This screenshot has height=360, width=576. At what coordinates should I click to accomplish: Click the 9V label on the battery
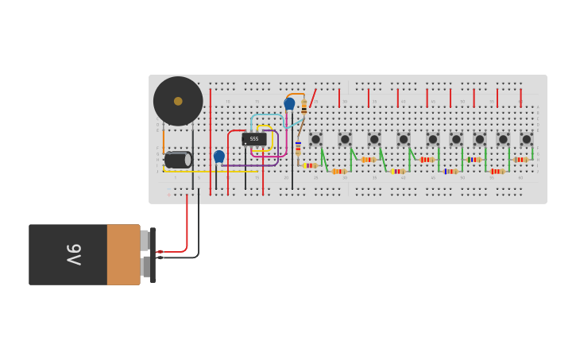[x=73, y=254]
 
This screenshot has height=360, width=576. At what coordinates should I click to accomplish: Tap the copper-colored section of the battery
[x=123, y=254]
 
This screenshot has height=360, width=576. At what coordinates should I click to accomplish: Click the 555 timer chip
[x=254, y=139]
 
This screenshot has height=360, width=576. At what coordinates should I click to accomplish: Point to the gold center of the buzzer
[x=178, y=101]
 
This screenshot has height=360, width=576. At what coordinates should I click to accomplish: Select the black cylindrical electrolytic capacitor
[x=177, y=160]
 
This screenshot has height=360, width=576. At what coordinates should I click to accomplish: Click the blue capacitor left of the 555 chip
[x=219, y=157]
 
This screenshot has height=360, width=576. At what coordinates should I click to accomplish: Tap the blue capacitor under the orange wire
[x=289, y=103]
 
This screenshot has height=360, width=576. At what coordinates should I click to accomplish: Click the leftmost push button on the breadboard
[x=315, y=139]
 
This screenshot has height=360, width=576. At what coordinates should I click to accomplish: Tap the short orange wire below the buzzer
[x=164, y=139]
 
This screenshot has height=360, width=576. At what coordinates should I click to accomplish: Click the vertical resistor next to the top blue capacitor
[x=303, y=107]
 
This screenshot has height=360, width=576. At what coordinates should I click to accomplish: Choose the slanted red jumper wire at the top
[x=311, y=99]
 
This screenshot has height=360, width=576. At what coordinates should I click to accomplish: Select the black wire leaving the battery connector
[x=198, y=230]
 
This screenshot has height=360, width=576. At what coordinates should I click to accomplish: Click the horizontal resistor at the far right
[x=520, y=160]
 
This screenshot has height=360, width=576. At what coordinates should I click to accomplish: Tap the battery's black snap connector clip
[x=153, y=254]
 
